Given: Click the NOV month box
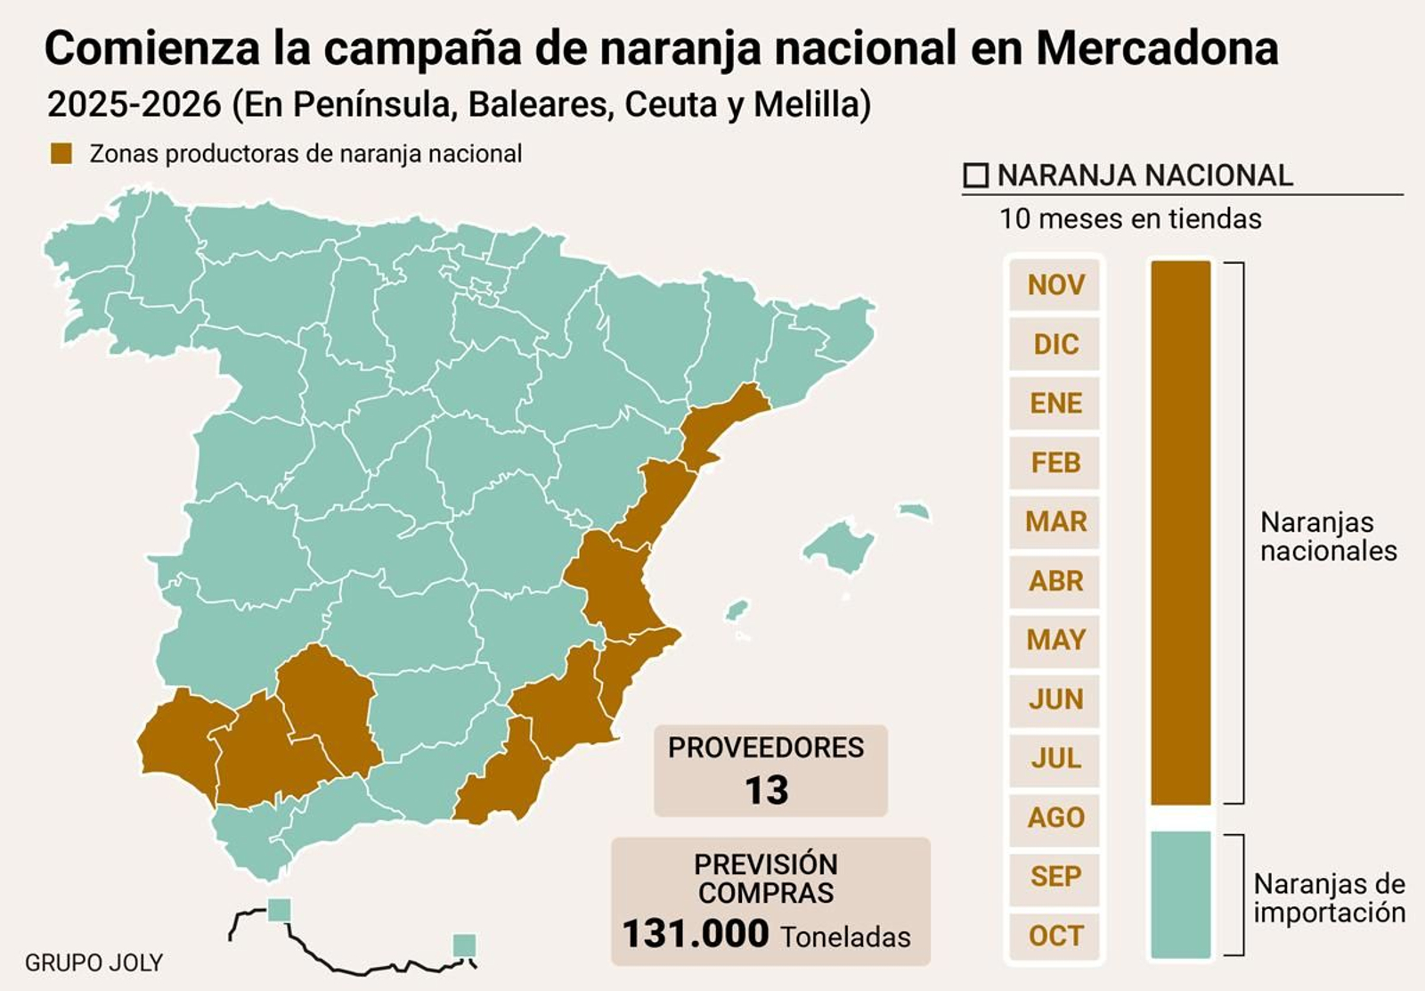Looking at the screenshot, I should point(1055,285).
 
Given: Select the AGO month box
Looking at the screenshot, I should point(1055,817).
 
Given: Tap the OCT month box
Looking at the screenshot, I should point(1055,936).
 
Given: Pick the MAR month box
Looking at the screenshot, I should point(1055,521).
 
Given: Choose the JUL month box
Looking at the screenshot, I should point(1055,758).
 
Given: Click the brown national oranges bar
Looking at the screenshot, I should point(1180,532).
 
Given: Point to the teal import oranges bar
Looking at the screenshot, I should point(1180,894).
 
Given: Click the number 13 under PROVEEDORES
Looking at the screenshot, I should point(766,790).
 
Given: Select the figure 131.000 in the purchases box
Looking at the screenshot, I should point(696,934).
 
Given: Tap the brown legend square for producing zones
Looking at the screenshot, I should point(61,153).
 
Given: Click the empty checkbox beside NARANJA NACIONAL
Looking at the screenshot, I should point(976,176).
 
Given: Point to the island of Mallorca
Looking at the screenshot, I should point(839,545).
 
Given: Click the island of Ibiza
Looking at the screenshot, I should point(736,610).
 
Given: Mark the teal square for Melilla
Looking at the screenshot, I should point(464,945).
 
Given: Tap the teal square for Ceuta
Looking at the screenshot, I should point(279,910).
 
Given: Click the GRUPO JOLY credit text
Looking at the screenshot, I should point(94,962).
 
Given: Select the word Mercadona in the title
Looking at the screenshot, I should point(1156,48).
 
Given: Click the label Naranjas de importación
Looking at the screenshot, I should point(1329,898).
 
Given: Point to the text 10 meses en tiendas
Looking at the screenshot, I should point(1129,219).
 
